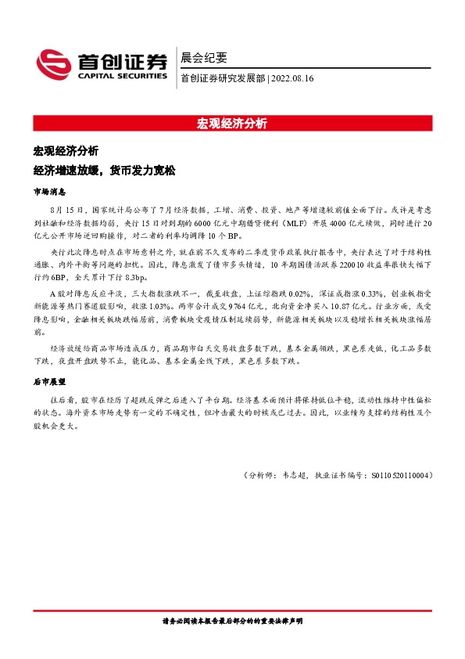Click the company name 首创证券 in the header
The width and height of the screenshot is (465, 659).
[121, 61]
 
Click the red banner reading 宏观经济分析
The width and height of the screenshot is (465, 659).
[232, 123]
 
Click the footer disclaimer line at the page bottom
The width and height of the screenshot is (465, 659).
[232, 620]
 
